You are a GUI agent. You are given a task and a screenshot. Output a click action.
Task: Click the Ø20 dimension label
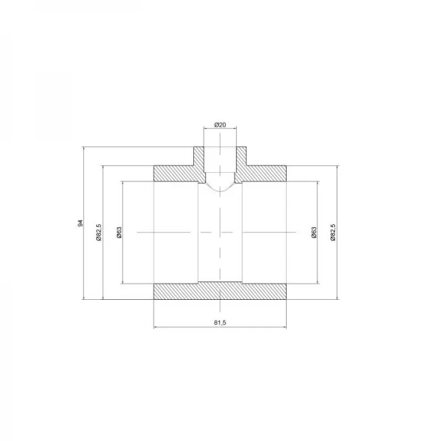[220, 125]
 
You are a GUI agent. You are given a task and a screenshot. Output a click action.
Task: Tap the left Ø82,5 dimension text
[98, 232]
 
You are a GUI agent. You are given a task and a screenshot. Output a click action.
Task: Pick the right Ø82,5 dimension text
[333, 232]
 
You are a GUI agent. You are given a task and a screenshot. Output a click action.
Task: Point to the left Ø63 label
[118, 232]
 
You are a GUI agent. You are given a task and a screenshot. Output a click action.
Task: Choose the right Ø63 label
[313, 232]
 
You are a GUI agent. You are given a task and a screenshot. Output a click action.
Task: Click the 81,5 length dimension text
[220, 321]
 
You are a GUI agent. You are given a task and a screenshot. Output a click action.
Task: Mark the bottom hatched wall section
[220, 291]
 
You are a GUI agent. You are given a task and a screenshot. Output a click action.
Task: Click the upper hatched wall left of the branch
[176, 173]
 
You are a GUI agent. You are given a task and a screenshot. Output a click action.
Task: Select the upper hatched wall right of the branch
[265, 173]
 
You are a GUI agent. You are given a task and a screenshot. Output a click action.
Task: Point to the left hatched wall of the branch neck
[198, 157]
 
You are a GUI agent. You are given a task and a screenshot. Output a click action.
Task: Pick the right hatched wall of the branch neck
[242, 157]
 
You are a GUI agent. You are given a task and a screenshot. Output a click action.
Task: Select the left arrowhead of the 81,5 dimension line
[156, 328]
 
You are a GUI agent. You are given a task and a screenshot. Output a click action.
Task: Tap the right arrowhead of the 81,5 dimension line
[284, 328]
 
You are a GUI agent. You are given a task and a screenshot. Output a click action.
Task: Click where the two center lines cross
[220, 232]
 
